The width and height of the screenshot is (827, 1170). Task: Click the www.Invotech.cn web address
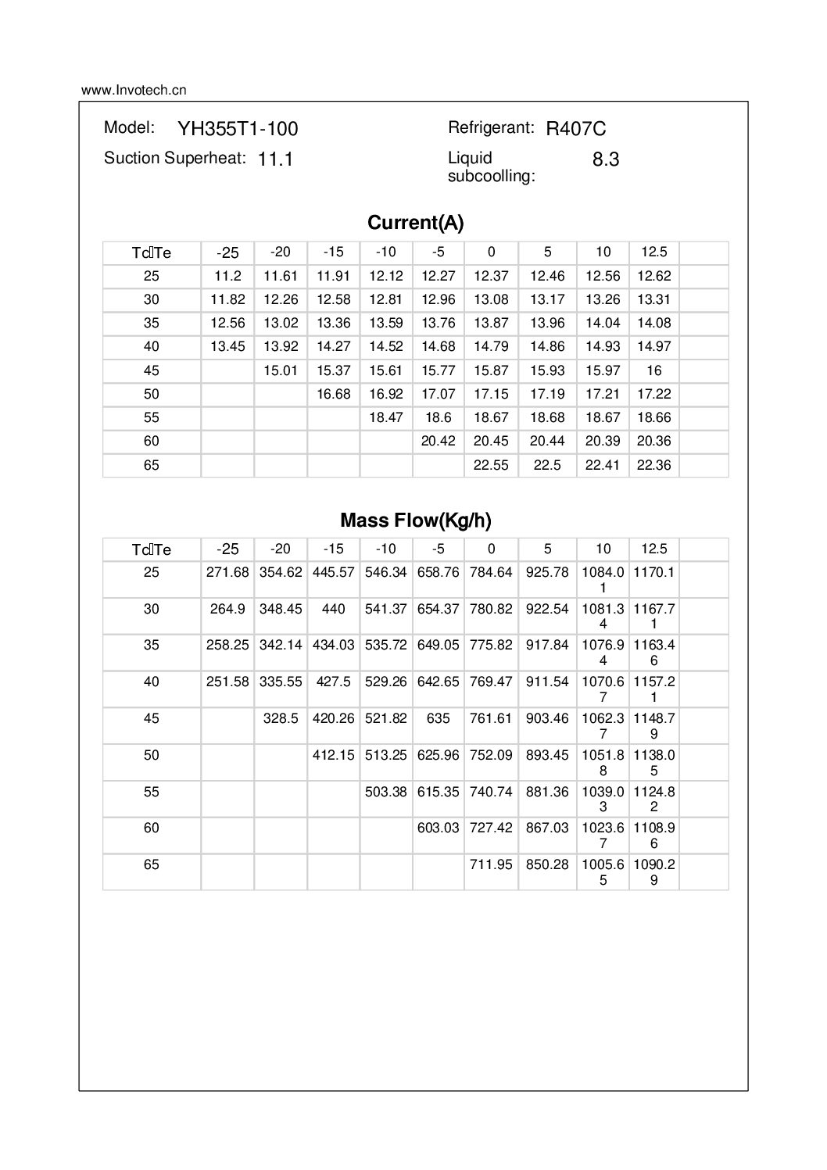click(x=134, y=90)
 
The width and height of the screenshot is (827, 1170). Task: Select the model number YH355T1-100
click(x=238, y=129)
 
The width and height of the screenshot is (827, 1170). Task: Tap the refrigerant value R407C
click(x=576, y=129)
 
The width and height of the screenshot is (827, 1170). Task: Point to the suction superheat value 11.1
click(x=275, y=159)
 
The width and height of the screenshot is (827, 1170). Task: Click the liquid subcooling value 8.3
click(x=606, y=159)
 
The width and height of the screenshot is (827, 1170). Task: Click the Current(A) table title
click(x=415, y=224)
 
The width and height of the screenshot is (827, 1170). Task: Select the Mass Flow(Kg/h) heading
click(x=415, y=521)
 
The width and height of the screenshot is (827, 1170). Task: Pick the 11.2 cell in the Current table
click(x=227, y=276)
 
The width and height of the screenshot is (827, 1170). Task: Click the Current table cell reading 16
click(x=653, y=370)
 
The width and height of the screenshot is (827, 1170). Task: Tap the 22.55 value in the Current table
click(x=491, y=465)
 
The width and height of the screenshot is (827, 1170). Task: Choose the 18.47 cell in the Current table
click(x=385, y=417)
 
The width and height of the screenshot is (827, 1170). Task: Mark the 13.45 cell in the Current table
click(x=227, y=346)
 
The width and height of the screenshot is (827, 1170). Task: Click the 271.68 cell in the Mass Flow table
click(x=227, y=572)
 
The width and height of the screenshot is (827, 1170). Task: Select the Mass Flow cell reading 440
click(x=333, y=609)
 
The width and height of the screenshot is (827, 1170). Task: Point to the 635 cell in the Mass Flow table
click(x=438, y=718)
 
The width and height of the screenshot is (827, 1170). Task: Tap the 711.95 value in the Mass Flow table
click(x=491, y=864)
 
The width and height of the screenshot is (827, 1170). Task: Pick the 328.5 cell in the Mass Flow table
click(x=281, y=718)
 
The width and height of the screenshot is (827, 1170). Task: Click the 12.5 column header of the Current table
click(x=653, y=252)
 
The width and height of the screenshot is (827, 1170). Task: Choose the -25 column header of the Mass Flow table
click(x=227, y=549)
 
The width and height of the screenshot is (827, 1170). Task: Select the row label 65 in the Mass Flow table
click(x=151, y=864)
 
